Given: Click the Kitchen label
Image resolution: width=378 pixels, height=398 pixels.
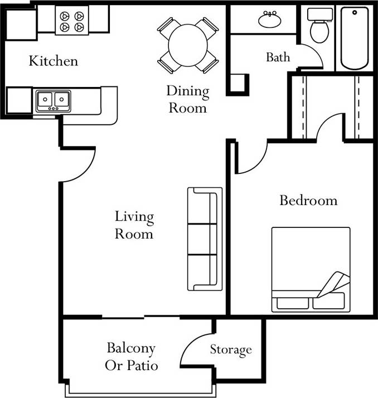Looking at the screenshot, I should [x=54, y=61].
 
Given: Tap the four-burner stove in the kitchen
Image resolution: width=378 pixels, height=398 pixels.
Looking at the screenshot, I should [x=72, y=20].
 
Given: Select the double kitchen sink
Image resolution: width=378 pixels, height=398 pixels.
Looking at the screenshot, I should [x=53, y=100].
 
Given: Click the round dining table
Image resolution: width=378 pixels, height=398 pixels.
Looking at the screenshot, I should [x=188, y=45].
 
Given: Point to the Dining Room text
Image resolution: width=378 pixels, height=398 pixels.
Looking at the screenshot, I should [x=188, y=99].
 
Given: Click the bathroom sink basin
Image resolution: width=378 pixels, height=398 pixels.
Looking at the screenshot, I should [x=270, y=20].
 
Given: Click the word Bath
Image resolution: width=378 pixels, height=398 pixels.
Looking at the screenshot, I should [x=278, y=57].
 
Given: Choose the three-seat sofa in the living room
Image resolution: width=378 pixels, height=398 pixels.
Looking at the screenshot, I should [x=204, y=239].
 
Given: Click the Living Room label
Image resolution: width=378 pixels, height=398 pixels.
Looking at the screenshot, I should [x=134, y=225].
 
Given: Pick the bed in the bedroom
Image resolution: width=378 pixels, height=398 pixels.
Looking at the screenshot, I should [x=311, y=269].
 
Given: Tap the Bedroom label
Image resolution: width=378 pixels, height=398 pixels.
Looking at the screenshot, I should [x=308, y=200].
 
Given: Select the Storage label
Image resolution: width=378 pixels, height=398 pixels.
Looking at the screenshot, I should [x=231, y=350].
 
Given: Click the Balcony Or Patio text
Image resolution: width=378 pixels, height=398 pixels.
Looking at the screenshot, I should [x=132, y=357].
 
